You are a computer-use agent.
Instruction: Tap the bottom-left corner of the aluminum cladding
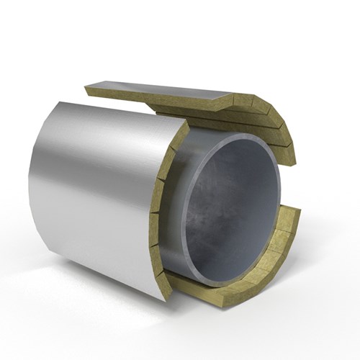point(36,237)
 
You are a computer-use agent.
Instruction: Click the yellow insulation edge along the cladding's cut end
point(163,216)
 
